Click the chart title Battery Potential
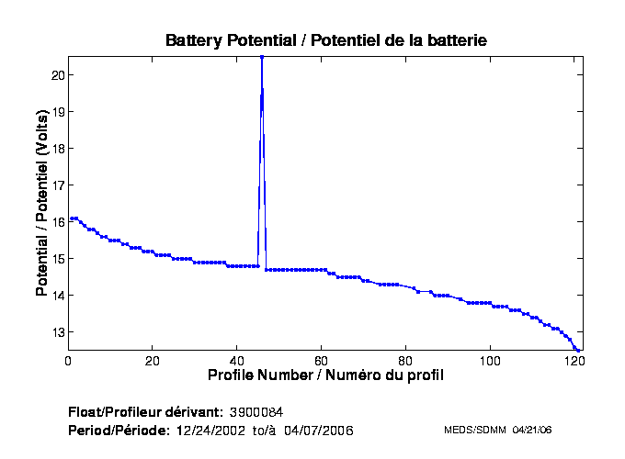pos(325,40)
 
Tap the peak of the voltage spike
pos(262,57)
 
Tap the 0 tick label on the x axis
pos(68,361)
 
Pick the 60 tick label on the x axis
pos(322,361)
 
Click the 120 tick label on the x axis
pos(574,361)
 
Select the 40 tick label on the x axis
pos(237,361)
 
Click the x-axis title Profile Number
pos(325,375)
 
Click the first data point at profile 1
pos(72,218)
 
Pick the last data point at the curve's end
pos(579,350)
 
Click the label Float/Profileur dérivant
pos(145,412)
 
